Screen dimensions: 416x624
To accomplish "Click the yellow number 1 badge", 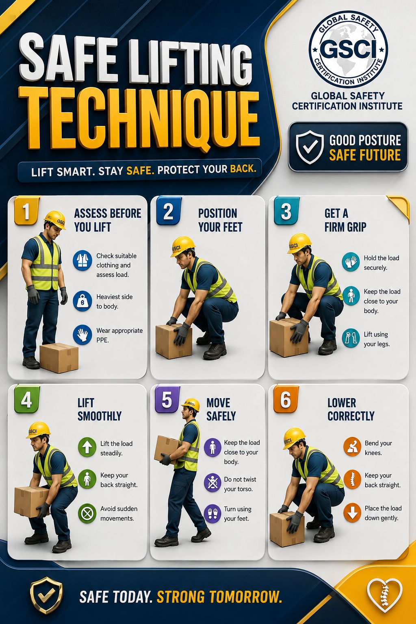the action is [x=26, y=210].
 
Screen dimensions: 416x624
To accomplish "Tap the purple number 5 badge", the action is [x=167, y=399].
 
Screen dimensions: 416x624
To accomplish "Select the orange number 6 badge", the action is [x=286, y=399].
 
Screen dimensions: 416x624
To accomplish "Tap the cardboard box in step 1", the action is [x=59, y=357].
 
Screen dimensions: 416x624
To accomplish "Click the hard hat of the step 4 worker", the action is [x=38, y=430].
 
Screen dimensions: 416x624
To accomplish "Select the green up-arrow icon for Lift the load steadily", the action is [x=87, y=447].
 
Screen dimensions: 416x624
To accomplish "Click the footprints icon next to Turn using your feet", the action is [x=212, y=513].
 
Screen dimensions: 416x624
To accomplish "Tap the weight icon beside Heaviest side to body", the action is [x=82, y=301].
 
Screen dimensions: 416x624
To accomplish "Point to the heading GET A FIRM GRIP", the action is [x=345, y=220].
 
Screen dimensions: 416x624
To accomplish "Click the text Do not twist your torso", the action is [x=240, y=484].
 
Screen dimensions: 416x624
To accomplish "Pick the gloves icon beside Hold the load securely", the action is [x=351, y=262].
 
